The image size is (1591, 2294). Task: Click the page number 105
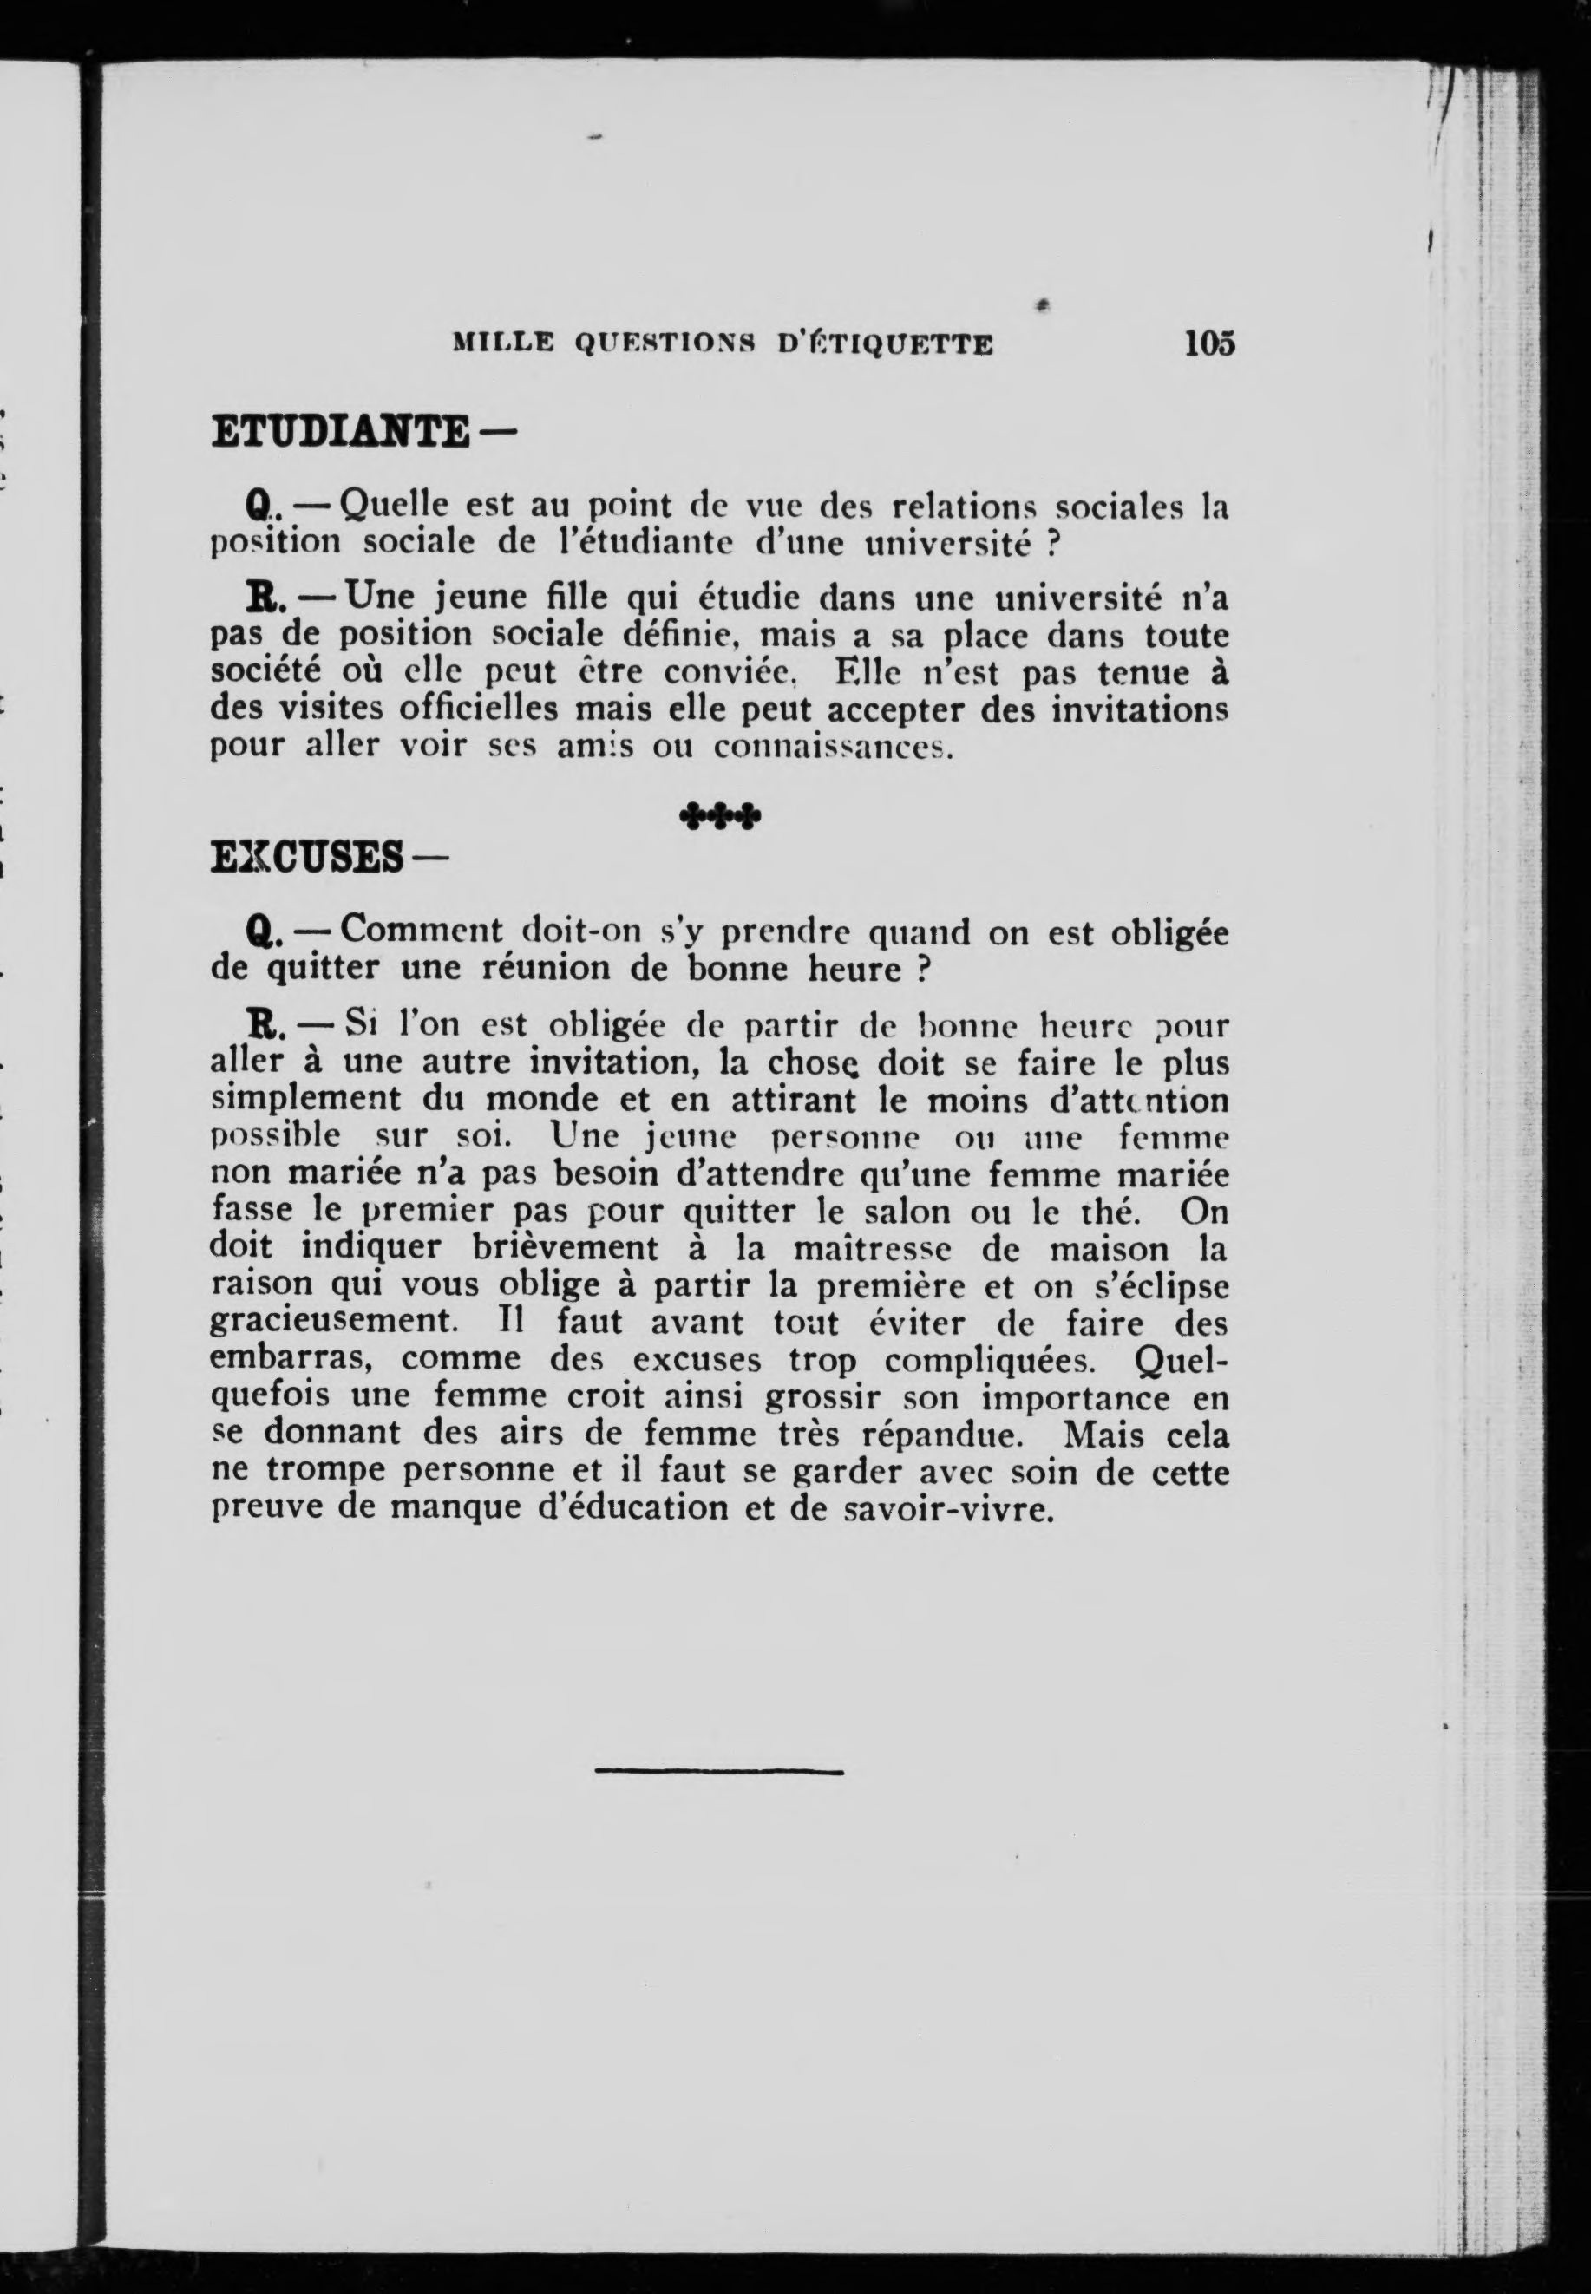click(x=1209, y=343)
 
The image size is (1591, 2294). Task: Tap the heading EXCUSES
click(x=306, y=857)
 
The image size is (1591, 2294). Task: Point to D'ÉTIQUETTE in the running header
click(x=884, y=345)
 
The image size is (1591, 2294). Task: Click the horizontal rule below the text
click(x=719, y=1771)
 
